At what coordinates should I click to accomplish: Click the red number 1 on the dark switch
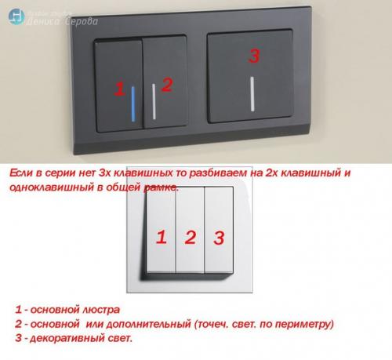119,89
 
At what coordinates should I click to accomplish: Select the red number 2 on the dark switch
166,84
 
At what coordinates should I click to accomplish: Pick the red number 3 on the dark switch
252,56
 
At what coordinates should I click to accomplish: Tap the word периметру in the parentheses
299,324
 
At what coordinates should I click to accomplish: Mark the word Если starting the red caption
21,171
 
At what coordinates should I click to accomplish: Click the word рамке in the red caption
161,187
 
